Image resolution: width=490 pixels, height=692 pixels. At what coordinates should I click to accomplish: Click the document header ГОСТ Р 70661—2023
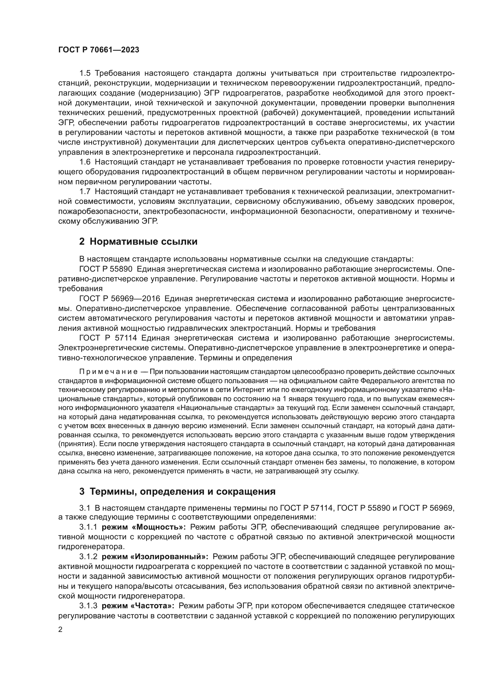coord(99,50)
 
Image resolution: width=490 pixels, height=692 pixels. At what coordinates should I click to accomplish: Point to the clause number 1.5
coord(85,73)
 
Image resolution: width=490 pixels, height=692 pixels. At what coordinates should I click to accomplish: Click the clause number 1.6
coord(85,162)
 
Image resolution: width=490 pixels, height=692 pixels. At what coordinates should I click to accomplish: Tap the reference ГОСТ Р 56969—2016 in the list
coord(119,299)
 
